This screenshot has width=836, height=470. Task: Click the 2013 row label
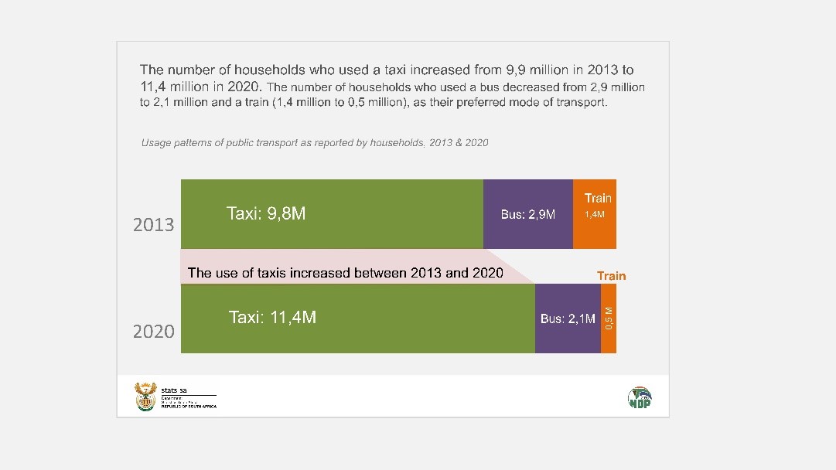(154, 225)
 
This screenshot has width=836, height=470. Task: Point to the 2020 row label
(154, 332)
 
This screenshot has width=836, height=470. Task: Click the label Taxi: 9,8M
(266, 213)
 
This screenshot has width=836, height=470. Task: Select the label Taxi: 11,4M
(272, 317)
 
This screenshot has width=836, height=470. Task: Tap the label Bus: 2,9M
(528, 214)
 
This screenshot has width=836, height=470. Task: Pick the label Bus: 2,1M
(568, 318)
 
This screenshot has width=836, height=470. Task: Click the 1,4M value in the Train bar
(595, 214)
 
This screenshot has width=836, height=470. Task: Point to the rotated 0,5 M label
(609, 318)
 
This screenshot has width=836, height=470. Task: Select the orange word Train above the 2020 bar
(611, 276)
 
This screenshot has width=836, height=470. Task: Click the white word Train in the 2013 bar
(598, 199)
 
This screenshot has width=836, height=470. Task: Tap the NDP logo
(639, 397)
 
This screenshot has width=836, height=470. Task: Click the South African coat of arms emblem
(145, 397)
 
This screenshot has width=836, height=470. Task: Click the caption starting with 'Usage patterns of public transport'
(315, 143)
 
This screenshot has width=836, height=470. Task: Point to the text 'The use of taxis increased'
(345, 272)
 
